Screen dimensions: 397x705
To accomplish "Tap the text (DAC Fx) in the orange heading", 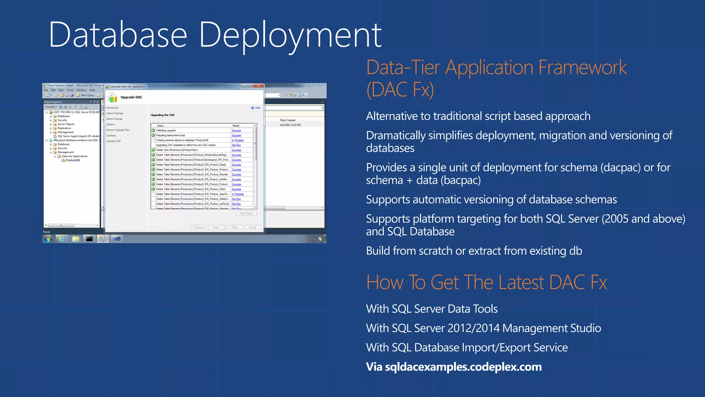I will (400, 90).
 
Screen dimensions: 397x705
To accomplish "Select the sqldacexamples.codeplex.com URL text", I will (463, 367).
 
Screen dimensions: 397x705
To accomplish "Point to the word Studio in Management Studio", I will (586, 328).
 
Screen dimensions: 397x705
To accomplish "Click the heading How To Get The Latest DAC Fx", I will (486, 282).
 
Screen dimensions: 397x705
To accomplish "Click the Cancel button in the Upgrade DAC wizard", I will (252, 227).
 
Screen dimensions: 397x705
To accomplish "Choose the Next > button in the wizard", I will (217, 227).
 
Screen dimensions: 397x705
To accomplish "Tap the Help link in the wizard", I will (257, 108).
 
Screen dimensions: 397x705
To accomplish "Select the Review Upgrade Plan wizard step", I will (118, 130).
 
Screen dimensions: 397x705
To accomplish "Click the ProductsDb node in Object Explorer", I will (73, 160).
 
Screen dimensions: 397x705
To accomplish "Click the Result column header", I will (236, 126).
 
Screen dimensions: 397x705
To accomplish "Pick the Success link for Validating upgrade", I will (236, 131).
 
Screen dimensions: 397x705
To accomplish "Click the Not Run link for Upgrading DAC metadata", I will (236, 145).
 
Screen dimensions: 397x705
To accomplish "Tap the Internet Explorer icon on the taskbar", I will (62, 239).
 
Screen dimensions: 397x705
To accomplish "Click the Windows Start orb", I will (48, 239).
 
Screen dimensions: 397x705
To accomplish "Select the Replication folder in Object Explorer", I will (64, 128).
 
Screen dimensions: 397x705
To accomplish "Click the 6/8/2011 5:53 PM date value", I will (290, 125).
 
